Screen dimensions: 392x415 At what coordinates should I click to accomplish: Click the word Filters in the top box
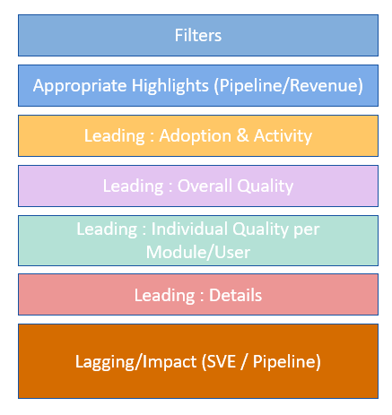point(198,35)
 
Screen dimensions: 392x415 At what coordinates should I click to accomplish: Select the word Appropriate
point(80,86)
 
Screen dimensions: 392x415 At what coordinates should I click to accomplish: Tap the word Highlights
point(170,86)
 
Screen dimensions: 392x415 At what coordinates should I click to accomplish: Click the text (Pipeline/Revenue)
point(289,86)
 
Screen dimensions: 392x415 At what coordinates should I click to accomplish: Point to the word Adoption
point(196,136)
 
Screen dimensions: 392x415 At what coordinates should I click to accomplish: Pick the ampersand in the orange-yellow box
point(242,135)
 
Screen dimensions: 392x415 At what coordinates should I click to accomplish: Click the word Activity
point(283,136)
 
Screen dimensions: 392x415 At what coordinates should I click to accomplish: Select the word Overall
point(205,186)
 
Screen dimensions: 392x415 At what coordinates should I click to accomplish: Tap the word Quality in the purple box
point(266,186)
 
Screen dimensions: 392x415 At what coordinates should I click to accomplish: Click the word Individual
point(189,229)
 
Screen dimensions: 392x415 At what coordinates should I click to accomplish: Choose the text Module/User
point(198,252)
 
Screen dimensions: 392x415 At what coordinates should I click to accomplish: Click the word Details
point(235,295)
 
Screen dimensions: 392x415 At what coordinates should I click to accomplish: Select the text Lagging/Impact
point(135,362)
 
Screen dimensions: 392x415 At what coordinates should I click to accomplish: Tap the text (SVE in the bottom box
point(219,361)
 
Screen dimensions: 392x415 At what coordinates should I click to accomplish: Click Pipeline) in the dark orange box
point(287,362)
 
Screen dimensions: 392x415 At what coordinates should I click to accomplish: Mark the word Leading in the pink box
point(164,296)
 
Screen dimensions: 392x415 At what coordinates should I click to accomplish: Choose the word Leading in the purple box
point(134,186)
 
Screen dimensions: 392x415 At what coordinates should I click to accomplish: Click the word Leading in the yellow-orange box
point(115,136)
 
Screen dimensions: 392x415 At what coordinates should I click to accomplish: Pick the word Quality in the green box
point(260,229)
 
